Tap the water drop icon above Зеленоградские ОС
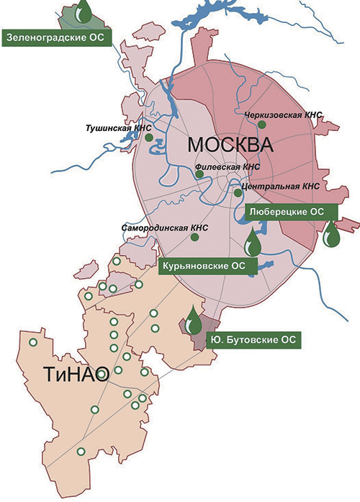tap(85, 11)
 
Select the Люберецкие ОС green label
tap(292, 211)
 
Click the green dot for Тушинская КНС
tap(148, 137)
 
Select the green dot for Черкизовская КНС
tap(262, 125)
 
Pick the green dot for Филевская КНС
tap(199, 173)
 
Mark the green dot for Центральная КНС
tap(238, 192)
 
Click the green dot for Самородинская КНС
tap(194, 236)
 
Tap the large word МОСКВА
tap(231, 145)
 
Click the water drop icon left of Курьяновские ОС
tap(252, 243)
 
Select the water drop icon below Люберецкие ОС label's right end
tap(331, 234)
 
